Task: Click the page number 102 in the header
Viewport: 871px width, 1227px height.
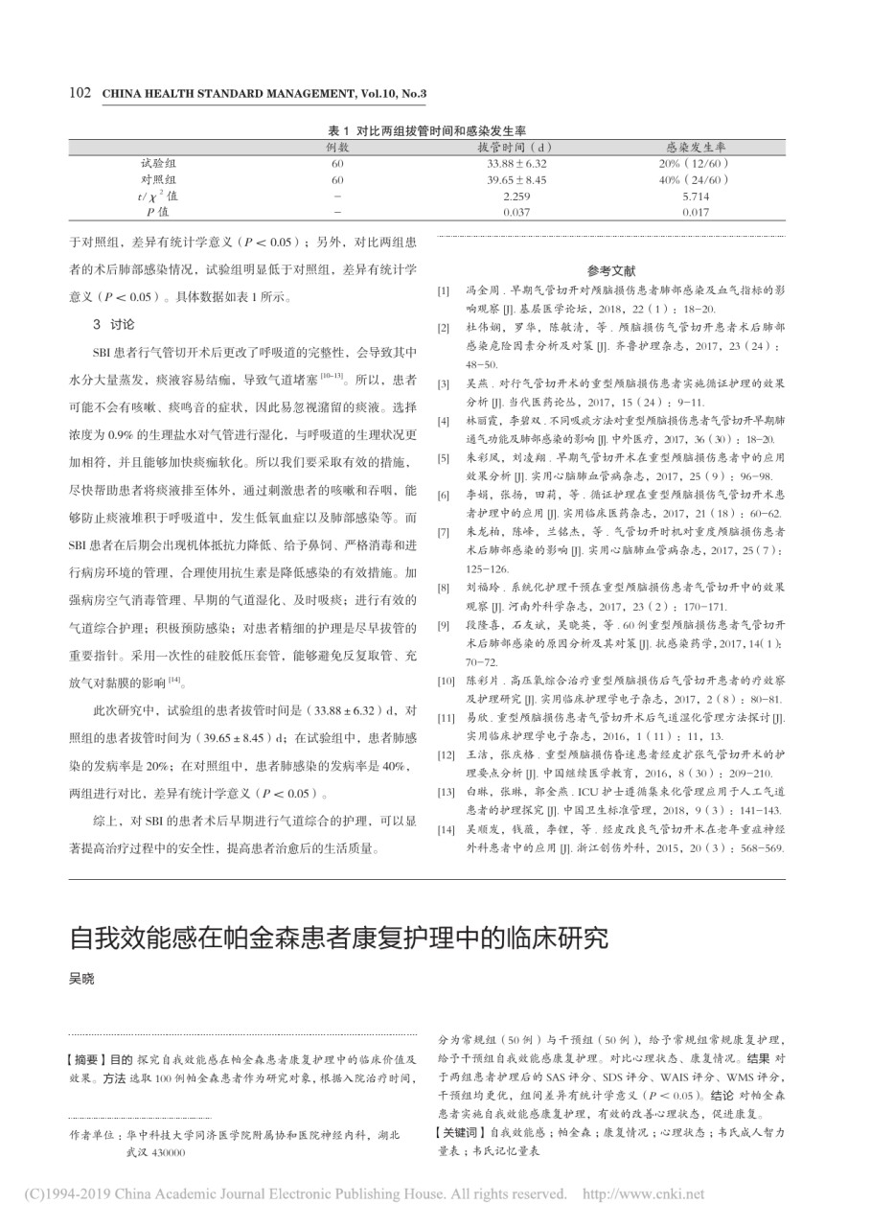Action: [80, 93]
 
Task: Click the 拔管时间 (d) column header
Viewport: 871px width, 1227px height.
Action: [516, 148]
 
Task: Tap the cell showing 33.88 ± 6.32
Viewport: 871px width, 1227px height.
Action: [516, 164]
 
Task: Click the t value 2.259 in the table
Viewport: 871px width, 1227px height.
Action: [516, 196]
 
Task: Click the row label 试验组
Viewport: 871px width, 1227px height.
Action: [158, 164]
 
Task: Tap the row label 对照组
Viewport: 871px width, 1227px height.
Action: [158, 179]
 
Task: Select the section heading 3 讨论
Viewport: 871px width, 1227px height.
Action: [113, 323]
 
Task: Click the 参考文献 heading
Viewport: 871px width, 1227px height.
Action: [611, 270]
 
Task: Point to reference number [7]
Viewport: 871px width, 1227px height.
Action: [443, 529]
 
